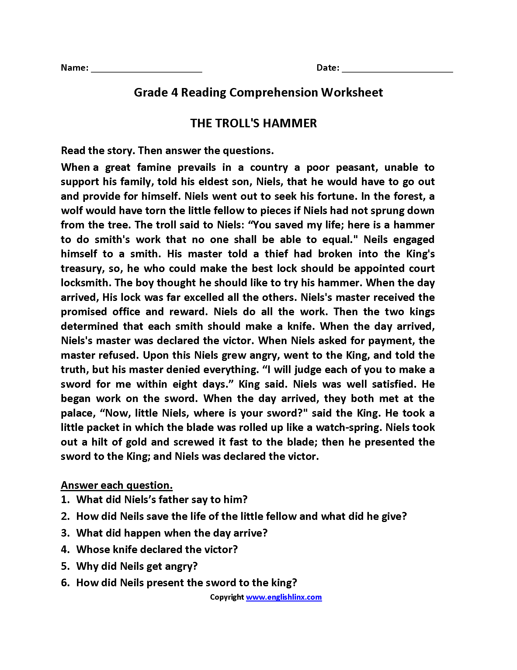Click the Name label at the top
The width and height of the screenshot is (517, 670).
click(x=75, y=68)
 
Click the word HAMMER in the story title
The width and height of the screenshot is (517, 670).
click(x=290, y=123)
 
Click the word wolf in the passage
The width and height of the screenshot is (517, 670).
click(x=72, y=211)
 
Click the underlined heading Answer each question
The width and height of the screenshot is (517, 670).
click(x=117, y=485)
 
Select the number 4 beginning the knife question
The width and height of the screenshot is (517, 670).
click(x=65, y=549)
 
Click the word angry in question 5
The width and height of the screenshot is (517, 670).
click(x=181, y=566)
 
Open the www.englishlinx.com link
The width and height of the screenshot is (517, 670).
click(x=284, y=597)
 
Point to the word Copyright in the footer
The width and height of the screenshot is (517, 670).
click(x=227, y=597)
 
